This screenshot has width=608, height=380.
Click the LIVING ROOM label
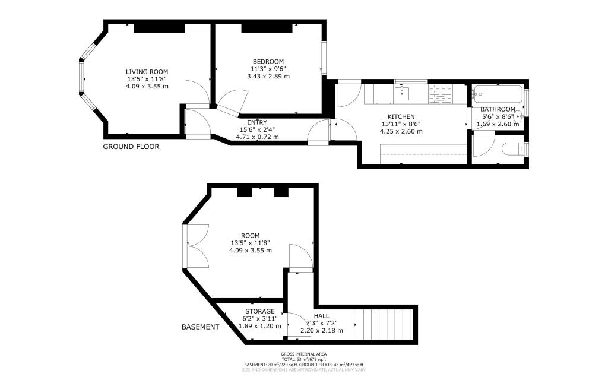point(147,71)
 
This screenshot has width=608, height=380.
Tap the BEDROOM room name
point(268,61)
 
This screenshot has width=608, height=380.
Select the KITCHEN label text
point(401,116)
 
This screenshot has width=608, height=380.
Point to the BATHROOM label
point(498,109)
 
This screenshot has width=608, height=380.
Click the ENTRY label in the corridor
point(257,122)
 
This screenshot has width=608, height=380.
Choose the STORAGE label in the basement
point(260,311)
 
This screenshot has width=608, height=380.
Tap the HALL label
point(321,316)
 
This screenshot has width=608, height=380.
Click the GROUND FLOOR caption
point(131,147)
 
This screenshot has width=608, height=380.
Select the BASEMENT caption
point(200,327)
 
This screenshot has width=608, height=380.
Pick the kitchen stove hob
point(440,91)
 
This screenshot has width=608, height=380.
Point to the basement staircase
point(387,324)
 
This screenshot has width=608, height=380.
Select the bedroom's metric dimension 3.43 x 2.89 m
point(268,76)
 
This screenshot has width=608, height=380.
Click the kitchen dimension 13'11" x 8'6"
point(401,124)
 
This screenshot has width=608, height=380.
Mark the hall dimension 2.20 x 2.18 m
point(321,330)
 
